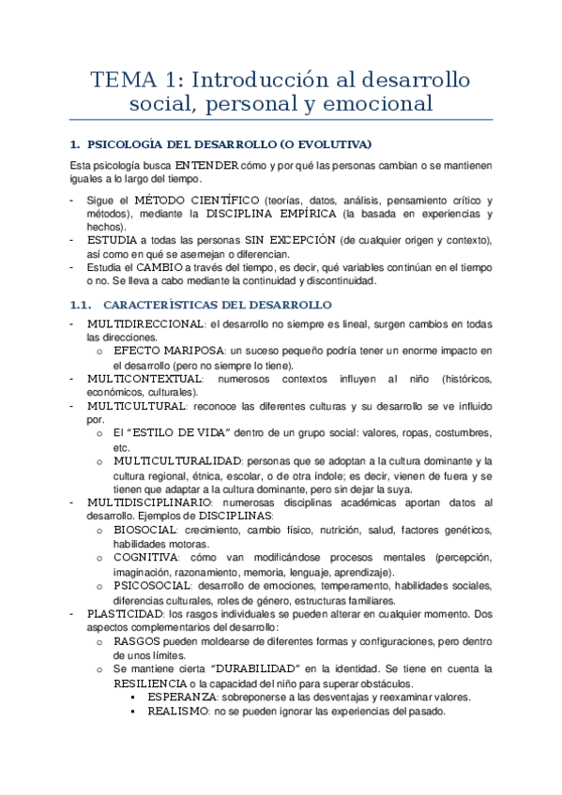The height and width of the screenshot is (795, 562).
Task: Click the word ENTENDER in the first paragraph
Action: pos(206,165)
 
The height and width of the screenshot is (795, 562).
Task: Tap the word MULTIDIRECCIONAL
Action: pos(145,323)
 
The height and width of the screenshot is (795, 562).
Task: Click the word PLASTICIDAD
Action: pos(128,613)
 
